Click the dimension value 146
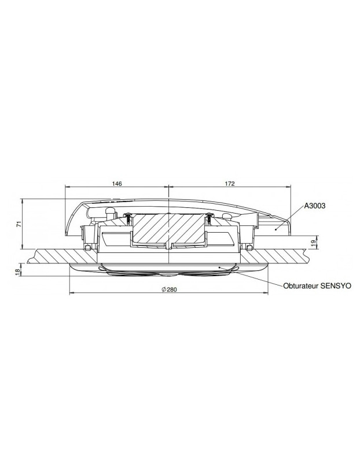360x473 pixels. (x=116, y=184)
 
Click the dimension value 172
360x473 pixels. (x=229, y=184)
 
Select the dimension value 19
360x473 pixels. (x=313, y=241)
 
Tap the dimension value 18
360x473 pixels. (x=18, y=270)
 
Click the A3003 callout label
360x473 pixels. (x=316, y=206)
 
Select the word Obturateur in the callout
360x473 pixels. (x=301, y=286)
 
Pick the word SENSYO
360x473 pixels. (x=335, y=286)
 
